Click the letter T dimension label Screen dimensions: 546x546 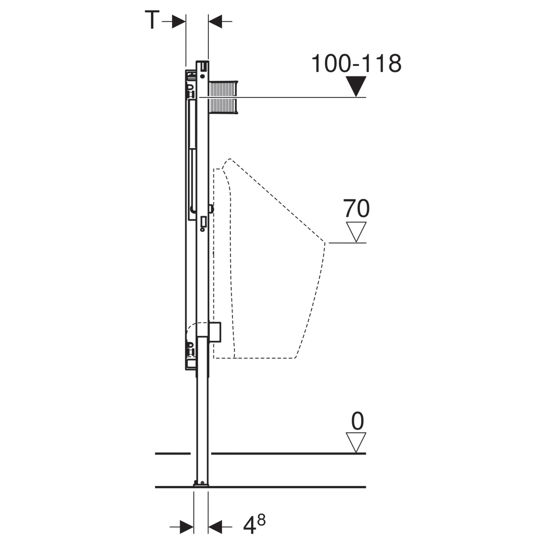tap(152, 20)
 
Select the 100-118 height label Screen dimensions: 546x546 tap(356, 63)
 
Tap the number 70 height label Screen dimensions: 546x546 tap(356, 208)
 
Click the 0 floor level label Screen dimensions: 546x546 tap(357, 421)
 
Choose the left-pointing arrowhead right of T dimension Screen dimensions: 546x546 tap(215, 21)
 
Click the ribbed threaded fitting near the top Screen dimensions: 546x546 tap(223, 98)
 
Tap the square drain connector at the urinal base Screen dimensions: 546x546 tap(215, 332)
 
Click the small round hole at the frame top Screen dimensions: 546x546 tap(202, 76)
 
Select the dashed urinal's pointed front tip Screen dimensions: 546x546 tap(325, 243)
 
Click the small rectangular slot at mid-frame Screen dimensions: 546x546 tap(203, 221)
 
